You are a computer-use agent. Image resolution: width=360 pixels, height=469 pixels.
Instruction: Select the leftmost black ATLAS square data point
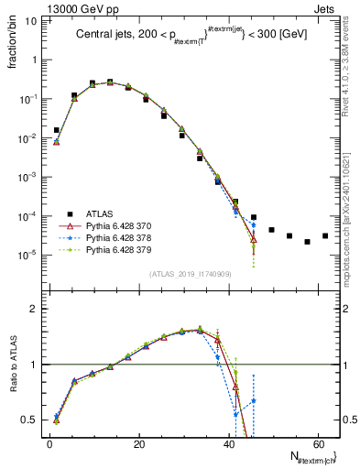coord(57,130)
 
